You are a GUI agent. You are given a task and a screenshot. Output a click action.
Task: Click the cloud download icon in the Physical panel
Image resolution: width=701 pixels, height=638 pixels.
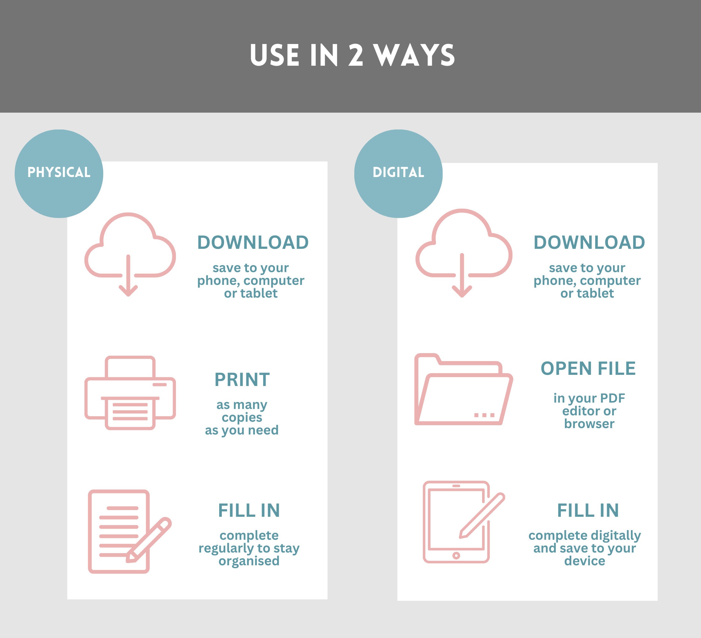click(129, 254)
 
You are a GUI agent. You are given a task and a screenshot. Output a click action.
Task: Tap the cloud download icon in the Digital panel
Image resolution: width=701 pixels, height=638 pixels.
click(463, 253)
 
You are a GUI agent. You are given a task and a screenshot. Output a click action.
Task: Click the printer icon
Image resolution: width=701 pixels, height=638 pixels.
click(130, 393)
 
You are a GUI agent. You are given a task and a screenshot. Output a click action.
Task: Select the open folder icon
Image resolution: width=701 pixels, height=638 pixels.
click(463, 390)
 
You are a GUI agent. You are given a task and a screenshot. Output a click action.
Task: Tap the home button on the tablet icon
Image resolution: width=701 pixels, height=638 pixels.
click(456, 556)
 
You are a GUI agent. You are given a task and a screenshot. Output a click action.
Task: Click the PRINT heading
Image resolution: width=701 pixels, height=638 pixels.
click(242, 380)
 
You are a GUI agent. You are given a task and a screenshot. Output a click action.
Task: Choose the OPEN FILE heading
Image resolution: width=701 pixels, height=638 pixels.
click(588, 368)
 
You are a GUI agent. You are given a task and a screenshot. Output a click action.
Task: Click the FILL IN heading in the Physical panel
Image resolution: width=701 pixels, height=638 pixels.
click(249, 511)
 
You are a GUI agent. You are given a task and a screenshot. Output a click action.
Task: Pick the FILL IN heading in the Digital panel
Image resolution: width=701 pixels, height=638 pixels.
click(588, 511)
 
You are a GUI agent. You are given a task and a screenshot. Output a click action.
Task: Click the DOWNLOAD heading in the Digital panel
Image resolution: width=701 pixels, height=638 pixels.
click(589, 243)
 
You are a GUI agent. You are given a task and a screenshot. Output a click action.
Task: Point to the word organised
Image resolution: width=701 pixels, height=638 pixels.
click(249, 561)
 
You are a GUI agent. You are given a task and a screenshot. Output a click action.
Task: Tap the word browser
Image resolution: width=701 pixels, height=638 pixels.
click(589, 424)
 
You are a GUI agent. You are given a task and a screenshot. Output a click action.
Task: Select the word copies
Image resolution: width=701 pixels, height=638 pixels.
click(242, 417)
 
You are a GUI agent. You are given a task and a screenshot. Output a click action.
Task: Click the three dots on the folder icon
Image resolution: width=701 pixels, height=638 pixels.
click(484, 415)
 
